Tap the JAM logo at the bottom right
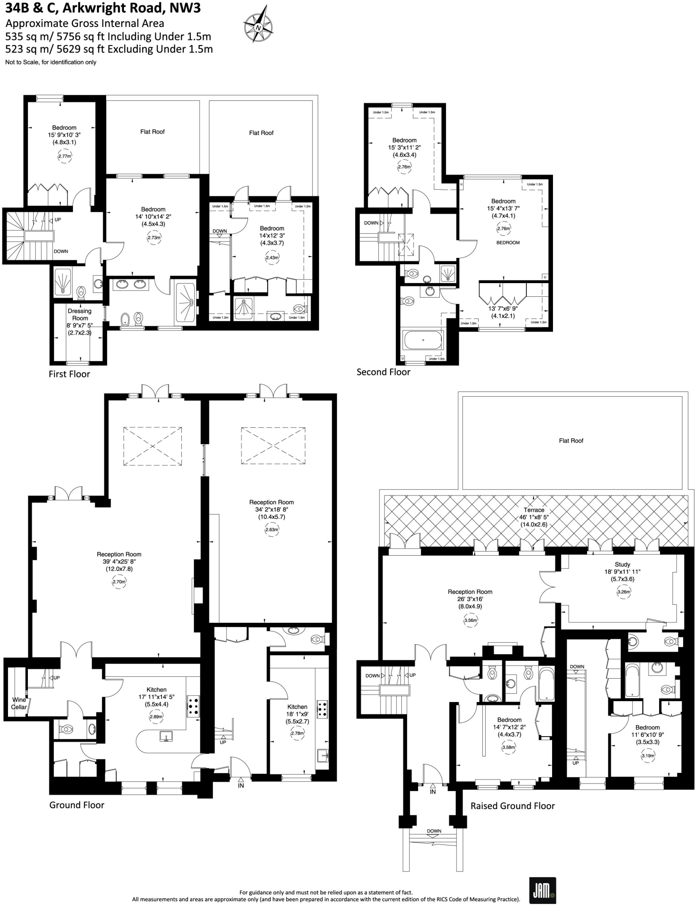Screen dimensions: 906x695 click(542, 890)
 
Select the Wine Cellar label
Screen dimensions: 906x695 click(19, 703)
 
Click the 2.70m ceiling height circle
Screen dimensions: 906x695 click(119, 582)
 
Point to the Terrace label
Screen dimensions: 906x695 click(534, 510)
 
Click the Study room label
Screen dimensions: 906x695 click(622, 564)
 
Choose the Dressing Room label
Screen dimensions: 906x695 click(80, 315)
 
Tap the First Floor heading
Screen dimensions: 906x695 click(69, 374)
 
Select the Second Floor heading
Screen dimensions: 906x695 click(383, 372)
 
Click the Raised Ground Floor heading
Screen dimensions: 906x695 click(512, 806)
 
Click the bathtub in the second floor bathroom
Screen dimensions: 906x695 click(423, 340)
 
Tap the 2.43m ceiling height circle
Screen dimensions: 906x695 click(272, 257)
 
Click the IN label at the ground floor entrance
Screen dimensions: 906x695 click(241, 786)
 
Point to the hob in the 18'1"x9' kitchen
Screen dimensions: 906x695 click(322, 709)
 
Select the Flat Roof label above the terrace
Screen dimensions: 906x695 click(571, 441)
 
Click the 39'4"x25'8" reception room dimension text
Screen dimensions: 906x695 click(119, 561)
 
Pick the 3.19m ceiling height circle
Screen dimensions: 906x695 click(648, 756)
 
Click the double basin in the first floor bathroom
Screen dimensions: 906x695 click(131, 284)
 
